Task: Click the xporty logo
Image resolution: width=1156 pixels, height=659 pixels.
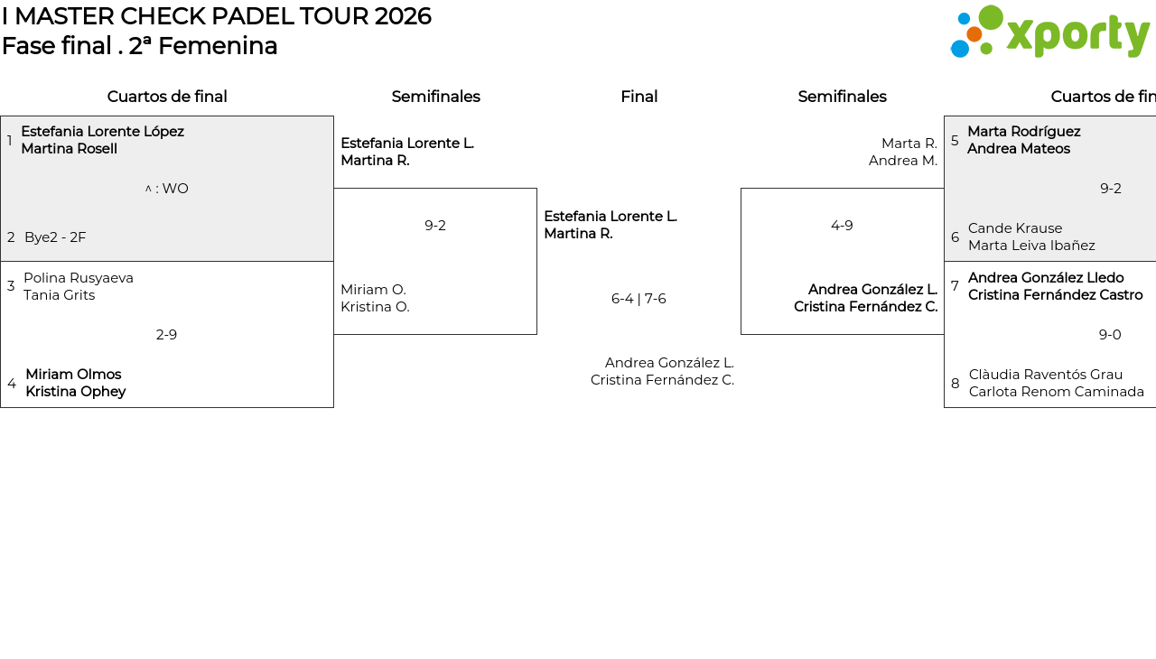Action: (1050, 32)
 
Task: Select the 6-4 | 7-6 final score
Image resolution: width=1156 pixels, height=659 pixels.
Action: (639, 299)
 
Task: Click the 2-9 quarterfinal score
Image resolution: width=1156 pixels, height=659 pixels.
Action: (166, 335)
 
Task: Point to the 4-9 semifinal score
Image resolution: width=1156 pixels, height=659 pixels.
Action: (842, 226)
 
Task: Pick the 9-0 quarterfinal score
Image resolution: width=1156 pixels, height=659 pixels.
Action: (1110, 335)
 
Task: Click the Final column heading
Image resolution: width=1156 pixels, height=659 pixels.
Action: (639, 97)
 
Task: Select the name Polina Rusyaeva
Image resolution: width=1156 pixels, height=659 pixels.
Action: (79, 278)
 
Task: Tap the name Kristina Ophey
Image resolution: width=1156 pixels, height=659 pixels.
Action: (76, 392)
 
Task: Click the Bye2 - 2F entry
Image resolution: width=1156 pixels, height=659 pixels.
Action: (55, 237)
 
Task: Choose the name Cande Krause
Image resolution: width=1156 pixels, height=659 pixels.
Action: (1015, 227)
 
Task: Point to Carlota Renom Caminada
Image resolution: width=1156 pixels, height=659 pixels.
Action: (1057, 392)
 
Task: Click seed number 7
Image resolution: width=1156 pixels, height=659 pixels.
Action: (955, 286)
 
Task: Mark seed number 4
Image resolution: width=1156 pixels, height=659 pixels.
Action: (12, 383)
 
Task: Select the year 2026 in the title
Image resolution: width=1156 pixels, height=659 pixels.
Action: (403, 16)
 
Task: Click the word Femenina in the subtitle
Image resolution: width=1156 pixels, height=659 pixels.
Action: (218, 46)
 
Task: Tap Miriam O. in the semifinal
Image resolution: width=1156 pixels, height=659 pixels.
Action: (373, 289)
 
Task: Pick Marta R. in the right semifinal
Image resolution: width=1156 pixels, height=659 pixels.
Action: (909, 143)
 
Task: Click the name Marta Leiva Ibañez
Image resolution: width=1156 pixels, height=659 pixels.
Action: (1031, 245)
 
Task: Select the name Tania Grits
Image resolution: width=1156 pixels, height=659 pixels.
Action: (60, 295)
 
